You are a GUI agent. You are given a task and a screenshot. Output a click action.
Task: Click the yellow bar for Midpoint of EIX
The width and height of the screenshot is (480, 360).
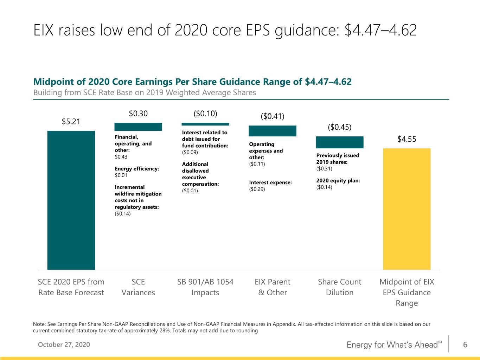coord(407,209)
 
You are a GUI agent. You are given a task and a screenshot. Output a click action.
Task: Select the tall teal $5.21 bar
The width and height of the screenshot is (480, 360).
coord(71,200)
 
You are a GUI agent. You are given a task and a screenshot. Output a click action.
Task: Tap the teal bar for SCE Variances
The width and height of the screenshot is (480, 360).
coord(138,127)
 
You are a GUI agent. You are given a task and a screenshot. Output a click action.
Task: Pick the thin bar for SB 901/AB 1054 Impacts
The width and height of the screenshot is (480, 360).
coord(205,124)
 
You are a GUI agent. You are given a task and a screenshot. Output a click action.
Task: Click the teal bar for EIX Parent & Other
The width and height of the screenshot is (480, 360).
coord(273,131)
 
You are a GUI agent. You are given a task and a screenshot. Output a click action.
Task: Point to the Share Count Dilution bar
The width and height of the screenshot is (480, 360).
coord(340,142)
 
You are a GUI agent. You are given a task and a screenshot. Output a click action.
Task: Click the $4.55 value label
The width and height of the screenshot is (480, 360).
coord(407,139)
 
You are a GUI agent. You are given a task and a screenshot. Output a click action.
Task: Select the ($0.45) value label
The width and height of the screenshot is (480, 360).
coord(340,127)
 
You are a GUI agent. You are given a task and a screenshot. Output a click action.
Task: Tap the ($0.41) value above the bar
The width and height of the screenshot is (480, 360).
coord(273,116)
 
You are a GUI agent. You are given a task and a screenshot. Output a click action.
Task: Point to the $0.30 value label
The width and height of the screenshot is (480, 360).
coord(138,114)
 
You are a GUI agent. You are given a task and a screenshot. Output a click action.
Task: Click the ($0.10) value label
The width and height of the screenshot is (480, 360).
coord(205,114)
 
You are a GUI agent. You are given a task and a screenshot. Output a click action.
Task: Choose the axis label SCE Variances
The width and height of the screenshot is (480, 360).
coord(138,287)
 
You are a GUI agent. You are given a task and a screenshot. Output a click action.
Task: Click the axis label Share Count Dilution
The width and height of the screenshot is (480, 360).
coord(340,287)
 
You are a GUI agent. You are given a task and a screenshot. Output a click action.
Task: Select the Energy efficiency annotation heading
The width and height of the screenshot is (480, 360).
coord(137,169)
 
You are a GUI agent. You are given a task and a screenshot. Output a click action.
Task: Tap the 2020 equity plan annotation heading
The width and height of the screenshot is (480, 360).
coord(338,181)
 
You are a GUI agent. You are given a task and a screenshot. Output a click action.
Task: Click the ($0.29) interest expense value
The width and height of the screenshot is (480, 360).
coord(257,189)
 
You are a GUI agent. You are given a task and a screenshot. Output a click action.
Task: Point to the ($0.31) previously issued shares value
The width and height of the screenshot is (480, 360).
coord(324,168)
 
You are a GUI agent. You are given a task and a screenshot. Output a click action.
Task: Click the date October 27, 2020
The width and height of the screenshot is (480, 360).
coord(64,345)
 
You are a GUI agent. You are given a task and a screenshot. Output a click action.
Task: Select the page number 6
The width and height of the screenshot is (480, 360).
coord(465,345)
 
